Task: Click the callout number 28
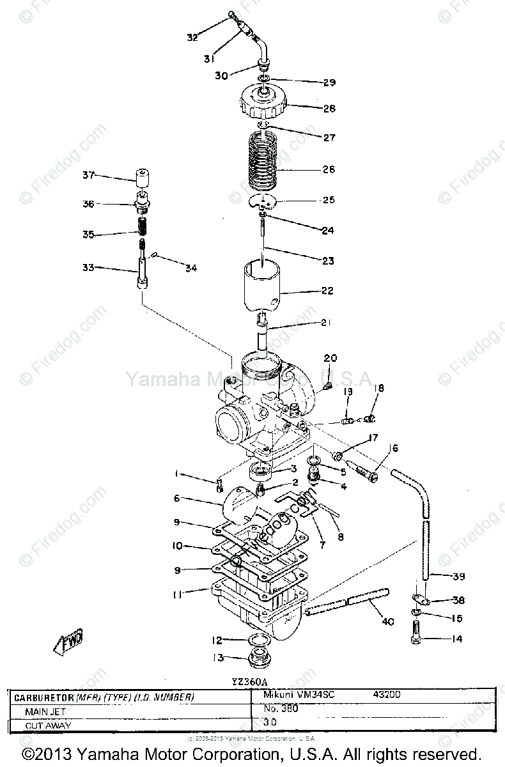(x=329, y=109)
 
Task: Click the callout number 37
(x=88, y=174)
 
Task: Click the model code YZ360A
(x=251, y=681)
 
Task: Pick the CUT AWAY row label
(x=48, y=725)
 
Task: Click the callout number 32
(x=192, y=37)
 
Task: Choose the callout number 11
(x=177, y=594)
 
